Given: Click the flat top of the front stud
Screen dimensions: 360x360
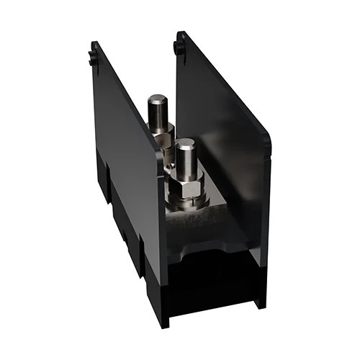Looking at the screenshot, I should coord(184,145).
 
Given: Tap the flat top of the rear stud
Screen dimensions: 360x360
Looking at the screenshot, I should coord(158,100).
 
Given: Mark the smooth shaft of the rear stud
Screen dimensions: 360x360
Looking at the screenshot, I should coord(158,115).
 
